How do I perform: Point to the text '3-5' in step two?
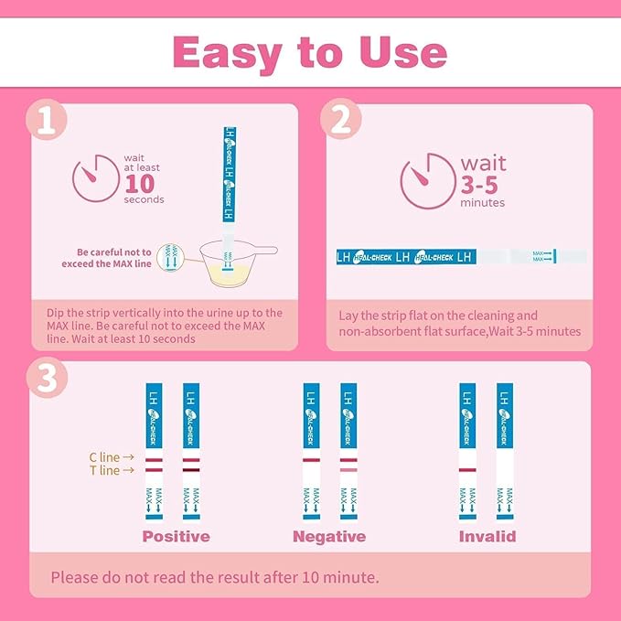click(484, 184)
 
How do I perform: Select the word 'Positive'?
click(176, 536)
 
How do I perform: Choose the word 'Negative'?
click(329, 536)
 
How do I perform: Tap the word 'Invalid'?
click(487, 536)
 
